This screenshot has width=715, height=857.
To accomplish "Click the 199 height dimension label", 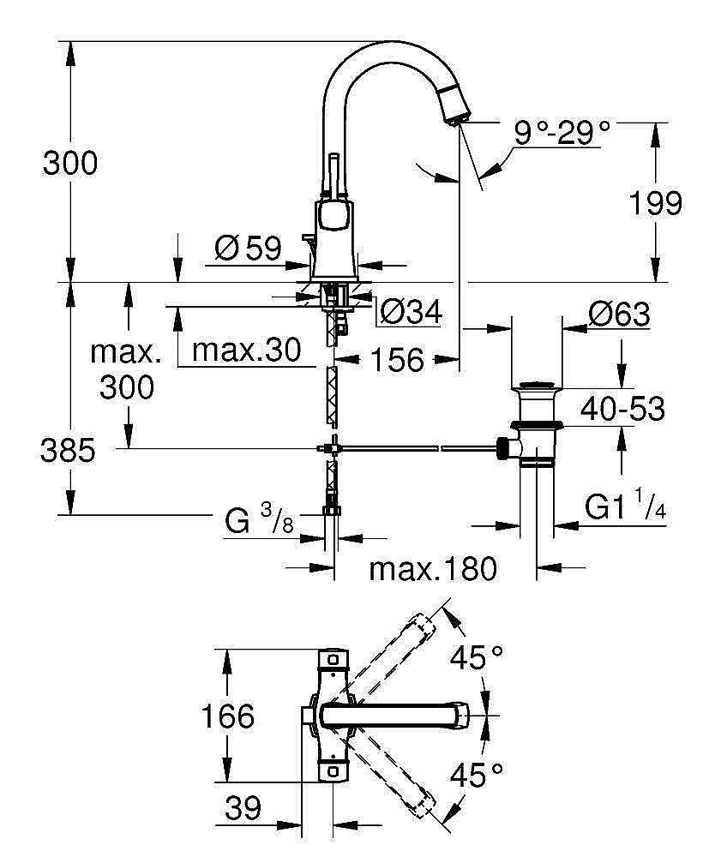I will click(656, 204).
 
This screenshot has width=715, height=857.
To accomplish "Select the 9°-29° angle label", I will click(562, 132).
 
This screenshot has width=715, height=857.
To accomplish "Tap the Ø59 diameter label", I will click(248, 249).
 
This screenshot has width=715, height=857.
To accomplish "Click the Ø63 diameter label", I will click(618, 315).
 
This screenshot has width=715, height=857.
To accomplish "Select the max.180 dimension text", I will click(433, 568).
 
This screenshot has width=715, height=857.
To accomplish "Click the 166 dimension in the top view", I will click(227, 716).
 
